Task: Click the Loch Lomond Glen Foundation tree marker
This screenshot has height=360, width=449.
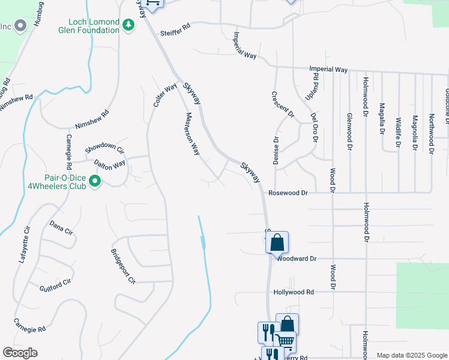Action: tap(128, 25)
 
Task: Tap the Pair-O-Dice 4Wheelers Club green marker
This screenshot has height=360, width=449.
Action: tap(94, 180)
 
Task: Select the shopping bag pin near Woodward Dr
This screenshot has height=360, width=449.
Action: tap(277, 243)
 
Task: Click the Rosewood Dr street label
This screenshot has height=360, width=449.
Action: tap(288, 193)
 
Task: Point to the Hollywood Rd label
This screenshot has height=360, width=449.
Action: tap(294, 292)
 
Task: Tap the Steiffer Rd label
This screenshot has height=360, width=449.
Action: tap(175, 29)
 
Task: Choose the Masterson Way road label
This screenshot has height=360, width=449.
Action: tap(192, 134)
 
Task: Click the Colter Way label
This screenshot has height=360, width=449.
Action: tap(165, 95)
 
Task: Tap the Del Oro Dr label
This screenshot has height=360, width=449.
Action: tap(313, 127)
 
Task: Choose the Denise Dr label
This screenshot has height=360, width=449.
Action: tap(277, 151)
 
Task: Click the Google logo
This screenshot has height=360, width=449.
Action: tap(20, 352)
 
